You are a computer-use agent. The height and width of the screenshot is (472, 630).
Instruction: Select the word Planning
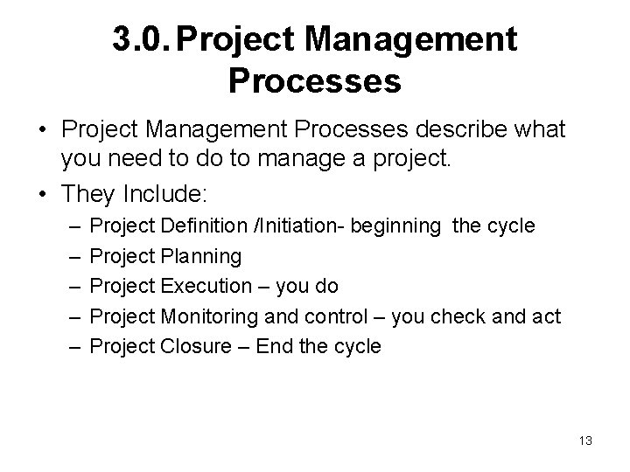point(201,256)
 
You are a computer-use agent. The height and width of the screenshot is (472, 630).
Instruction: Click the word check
point(458,316)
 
